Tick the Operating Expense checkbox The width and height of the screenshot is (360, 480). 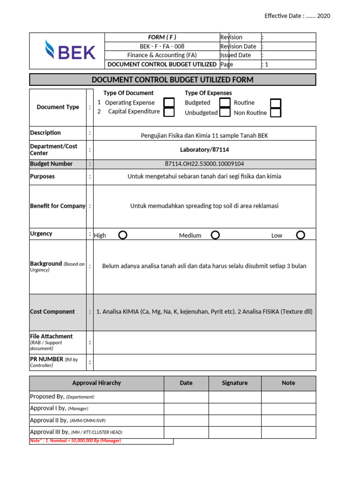169,103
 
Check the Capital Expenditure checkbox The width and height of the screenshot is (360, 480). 169,112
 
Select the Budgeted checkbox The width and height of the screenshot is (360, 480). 225,103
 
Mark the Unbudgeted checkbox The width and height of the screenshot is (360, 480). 225,112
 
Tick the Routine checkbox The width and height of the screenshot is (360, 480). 276,103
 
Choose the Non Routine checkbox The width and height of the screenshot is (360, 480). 276,112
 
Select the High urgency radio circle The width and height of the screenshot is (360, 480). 122,235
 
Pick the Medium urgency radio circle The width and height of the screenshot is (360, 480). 215,235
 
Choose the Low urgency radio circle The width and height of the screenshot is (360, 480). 300,235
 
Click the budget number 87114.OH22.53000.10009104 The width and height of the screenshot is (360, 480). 204,164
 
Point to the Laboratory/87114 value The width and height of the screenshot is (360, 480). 204,150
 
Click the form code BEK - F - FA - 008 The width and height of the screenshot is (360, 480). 162,46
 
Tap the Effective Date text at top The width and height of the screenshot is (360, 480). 297,16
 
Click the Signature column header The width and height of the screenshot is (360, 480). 235,383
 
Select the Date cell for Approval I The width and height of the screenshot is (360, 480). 186,409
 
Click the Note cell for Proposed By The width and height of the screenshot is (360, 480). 288,397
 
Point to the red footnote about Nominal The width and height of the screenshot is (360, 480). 75,441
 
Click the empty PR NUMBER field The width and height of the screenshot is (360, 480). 204,362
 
